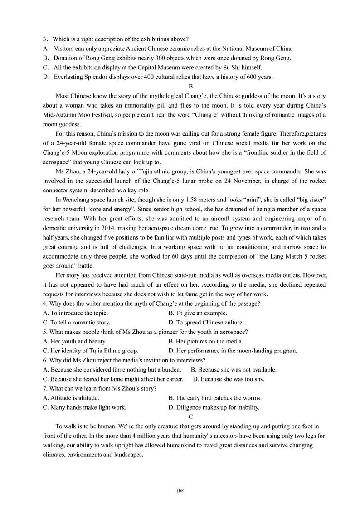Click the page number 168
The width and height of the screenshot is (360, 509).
[x=180, y=490]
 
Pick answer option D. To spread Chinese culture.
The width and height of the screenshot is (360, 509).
[x=206, y=323]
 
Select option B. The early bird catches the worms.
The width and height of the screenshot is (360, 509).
[x=215, y=398]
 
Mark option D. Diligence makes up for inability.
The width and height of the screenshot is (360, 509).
[x=214, y=407]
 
